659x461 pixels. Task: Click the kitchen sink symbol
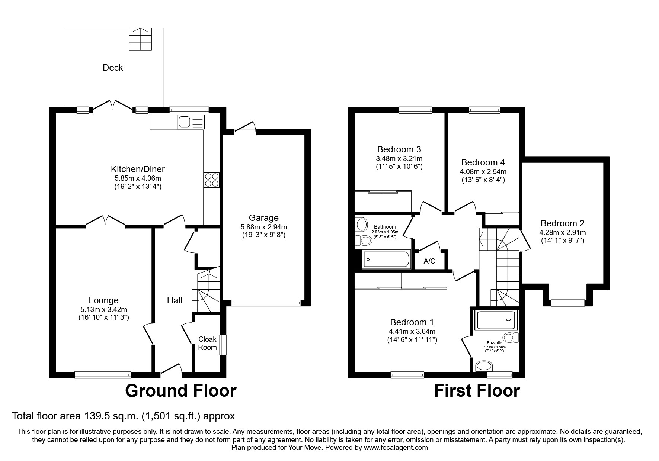(x=191, y=122)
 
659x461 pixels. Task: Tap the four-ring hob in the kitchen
(x=212, y=180)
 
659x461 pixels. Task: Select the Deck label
(x=113, y=68)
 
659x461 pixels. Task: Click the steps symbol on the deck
(x=141, y=39)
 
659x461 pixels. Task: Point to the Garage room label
(x=263, y=218)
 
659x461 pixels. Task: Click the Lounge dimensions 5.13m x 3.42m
(x=103, y=309)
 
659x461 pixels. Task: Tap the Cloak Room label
(x=207, y=343)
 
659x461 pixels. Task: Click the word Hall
(x=175, y=300)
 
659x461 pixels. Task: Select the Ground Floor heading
(x=180, y=391)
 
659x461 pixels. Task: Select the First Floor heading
(x=477, y=391)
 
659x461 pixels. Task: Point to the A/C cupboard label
(x=429, y=261)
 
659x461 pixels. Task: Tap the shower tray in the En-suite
(x=496, y=320)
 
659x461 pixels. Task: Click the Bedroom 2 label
(x=562, y=223)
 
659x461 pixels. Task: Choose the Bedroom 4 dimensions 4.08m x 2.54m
(x=483, y=172)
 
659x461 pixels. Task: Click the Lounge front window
(x=103, y=375)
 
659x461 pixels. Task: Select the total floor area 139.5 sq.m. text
(x=124, y=416)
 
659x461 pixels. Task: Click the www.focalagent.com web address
(x=396, y=448)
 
